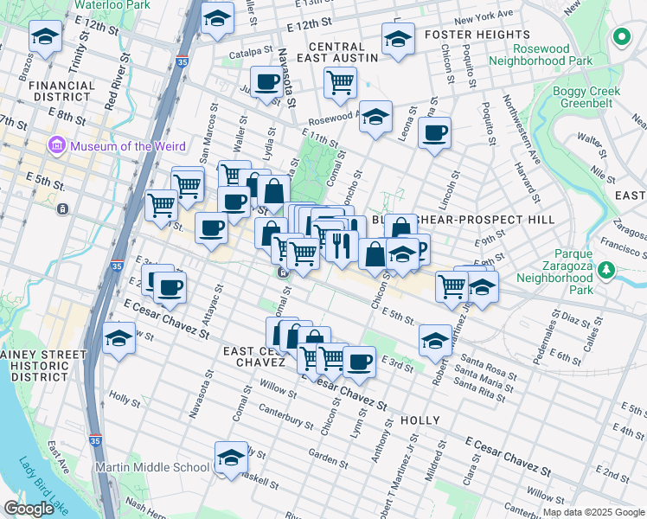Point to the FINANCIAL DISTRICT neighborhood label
[61, 92]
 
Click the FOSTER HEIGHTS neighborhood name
[471, 35]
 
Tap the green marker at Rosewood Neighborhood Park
[620, 37]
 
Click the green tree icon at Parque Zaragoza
[608, 269]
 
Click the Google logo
[28, 508]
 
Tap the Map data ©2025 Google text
[593, 512]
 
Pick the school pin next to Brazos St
[45, 35]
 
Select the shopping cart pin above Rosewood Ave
[340, 82]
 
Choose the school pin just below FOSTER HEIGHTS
[397, 39]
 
